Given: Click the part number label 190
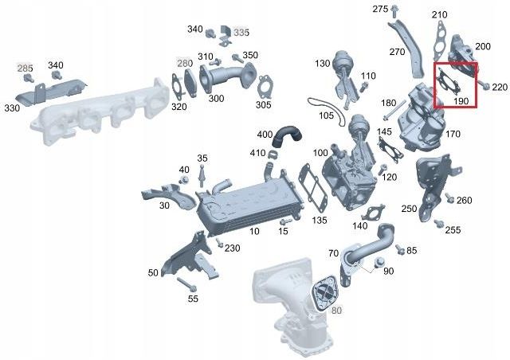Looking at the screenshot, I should [x=461, y=101].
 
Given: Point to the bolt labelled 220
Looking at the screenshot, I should [x=485, y=86].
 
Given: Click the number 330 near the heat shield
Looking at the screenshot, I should [x=12, y=108].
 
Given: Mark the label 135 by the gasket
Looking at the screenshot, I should [x=320, y=219].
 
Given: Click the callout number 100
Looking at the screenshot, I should [x=320, y=152].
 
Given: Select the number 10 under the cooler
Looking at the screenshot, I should [x=254, y=232].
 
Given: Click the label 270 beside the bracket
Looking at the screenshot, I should [x=398, y=53].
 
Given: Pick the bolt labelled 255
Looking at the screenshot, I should [x=438, y=221].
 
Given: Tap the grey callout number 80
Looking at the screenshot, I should [x=336, y=310].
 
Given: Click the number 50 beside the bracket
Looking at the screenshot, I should [x=153, y=273].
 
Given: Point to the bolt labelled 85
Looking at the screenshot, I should [x=400, y=248].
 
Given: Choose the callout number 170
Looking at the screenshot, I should [x=453, y=134].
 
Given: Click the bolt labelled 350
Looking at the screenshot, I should [x=236, y=58].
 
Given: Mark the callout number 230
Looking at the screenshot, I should [x=232, y=248].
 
